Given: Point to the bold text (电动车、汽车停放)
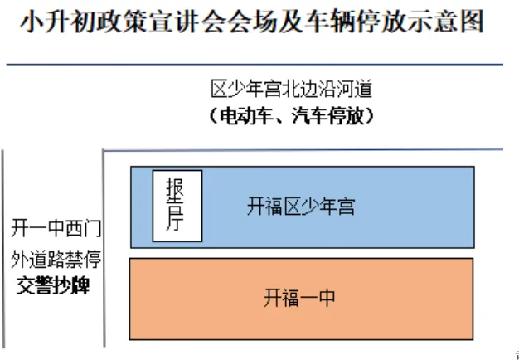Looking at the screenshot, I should coord(292,117).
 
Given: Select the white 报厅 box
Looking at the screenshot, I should coord(176,205).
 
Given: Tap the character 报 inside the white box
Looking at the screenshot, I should coord(176,190).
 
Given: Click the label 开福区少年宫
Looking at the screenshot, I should coord(300,207).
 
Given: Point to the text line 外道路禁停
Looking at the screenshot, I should coord(56,259).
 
